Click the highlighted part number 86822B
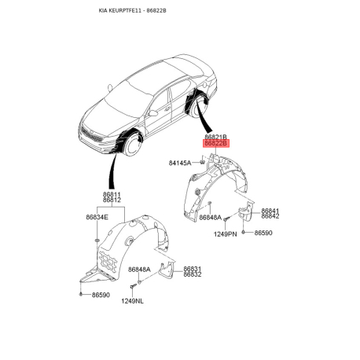click(216, 144)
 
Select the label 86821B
click(215, 137)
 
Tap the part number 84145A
click(180, 163)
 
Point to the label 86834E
click(97, 217)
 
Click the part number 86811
click(112, 195)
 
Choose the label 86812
click(112, 200)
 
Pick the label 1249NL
click(132, 301)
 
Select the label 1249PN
click(226, 234)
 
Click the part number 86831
click(193, 269)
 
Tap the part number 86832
click(193, 274)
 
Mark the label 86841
click(270, 211)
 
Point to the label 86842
click(270, 216)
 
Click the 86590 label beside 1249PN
click(263, 233)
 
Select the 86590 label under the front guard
click(101, 295)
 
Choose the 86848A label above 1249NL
click(139, 270)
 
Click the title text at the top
click(133, 11)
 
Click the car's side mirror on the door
click(152, 113)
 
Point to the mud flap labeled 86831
click(166, 270)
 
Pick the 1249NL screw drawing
click(133, 287)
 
